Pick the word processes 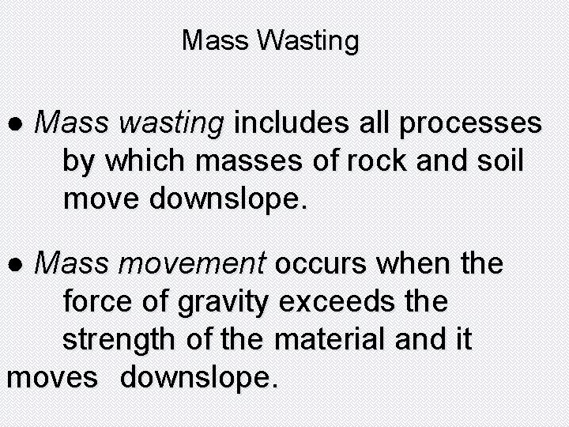point(471,124)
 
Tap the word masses point(255,162)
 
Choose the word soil point(497,162)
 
